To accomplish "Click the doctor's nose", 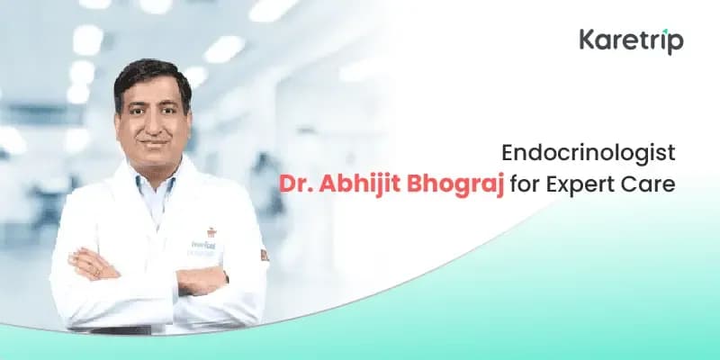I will (x=155, y=126).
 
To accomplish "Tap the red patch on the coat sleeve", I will (x=262, y=255).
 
